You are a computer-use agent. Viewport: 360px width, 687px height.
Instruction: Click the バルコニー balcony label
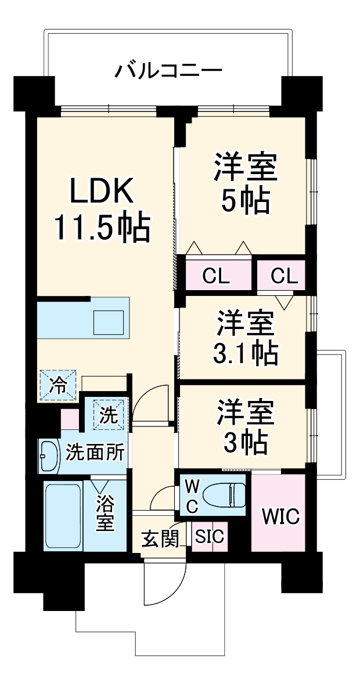point(168,72)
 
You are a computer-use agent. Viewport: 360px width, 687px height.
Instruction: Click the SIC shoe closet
point(209,537)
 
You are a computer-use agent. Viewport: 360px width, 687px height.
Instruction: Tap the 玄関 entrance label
point(160,540)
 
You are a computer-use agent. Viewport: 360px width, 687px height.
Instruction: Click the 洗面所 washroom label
point(95,451)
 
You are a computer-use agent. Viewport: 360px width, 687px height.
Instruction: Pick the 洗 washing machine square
point(110,414)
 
